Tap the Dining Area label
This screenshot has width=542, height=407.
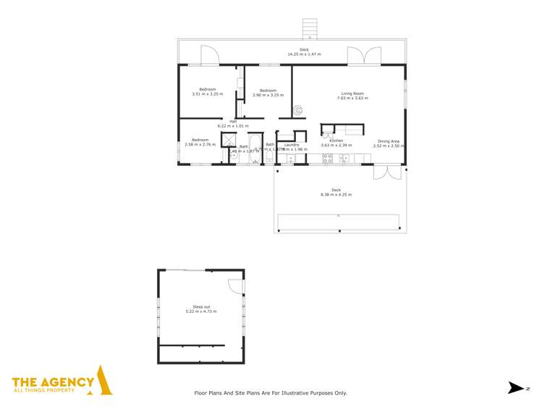pyautogui.click(x=386, y=141)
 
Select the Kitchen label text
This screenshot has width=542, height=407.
pyautogui.click(x=336, y=140)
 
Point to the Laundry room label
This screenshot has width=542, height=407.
pyautogui.click(x=292, y=144)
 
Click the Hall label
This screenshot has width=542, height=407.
pyautogui.click(x=233, y=121)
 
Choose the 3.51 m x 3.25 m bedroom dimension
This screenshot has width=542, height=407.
pyautogui.click(x=207, y=94)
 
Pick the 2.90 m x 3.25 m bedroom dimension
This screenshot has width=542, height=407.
pyautogui.click(x=268, y=95)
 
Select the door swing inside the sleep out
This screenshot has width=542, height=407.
pyautogui.click(x=235, y=286)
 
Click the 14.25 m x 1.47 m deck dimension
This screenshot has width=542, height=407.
pyautogui.click(x=304, y=54)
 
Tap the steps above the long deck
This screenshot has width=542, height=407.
pyautogui.click(x=310, y=28)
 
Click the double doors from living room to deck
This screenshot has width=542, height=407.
pyautogui.click(x=363, y=56)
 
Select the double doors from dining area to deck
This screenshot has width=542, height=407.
pyautogui.click(x=387, y=172)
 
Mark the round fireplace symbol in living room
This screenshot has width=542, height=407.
pyautogui.click(x=297, y=111)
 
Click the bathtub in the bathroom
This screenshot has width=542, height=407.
pyautogui.click(x=255, y=148)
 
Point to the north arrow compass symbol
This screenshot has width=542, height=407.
pyautogui.click(x=515, y=388)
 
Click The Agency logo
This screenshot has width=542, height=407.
pyautogui.click(x=62, y=382)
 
